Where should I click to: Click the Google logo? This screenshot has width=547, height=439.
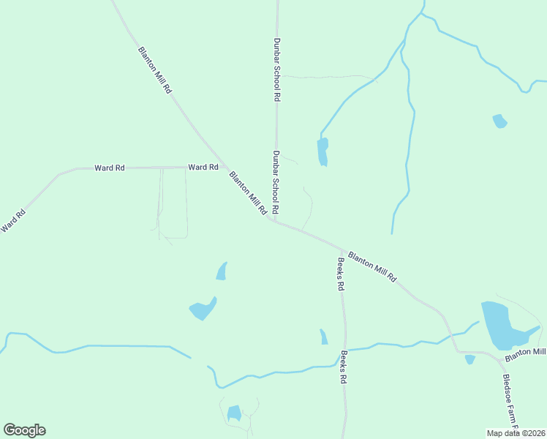coord(24,430)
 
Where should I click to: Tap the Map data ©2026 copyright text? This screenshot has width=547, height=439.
coord(516,433)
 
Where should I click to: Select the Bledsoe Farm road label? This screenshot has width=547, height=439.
coord(510,402)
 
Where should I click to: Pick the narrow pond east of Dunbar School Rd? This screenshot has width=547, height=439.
coord(322,151)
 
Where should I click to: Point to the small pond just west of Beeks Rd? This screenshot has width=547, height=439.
coord(323,337)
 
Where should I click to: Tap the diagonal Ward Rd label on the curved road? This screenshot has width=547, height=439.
coord(13,221)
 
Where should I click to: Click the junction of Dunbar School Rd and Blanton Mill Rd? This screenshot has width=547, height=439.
coord(276,221)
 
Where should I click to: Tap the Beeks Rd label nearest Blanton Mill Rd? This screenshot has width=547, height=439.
coord(340,274)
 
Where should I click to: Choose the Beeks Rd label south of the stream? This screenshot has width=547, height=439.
coord(343,368)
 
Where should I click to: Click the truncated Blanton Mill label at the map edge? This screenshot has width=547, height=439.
coord(526,353)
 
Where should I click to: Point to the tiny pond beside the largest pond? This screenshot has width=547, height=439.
coord(470,359)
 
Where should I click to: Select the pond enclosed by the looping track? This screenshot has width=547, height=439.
coord(234,413)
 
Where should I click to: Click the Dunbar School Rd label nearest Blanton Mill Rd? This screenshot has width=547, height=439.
coord(276,183)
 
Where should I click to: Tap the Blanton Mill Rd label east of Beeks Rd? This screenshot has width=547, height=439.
coord(371,266)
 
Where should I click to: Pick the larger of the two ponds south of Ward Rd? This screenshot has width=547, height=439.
coord(203,309)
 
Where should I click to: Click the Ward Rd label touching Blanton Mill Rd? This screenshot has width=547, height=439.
coord(203,168)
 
